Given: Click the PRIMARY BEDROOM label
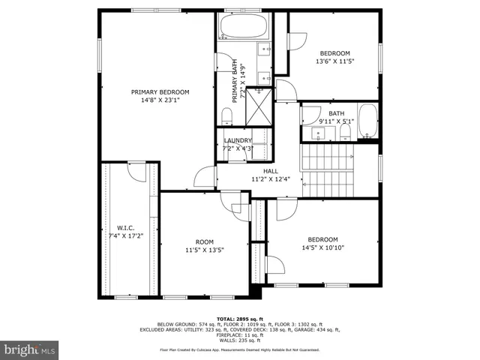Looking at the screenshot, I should coord(160,92).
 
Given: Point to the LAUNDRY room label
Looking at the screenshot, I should coord(237,140).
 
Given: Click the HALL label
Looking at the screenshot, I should coord(270,172).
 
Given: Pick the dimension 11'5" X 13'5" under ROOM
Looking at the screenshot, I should coord(205,250).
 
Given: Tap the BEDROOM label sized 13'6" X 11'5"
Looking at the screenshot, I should coord(334,52).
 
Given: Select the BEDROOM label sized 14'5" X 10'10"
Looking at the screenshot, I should coord(323,239).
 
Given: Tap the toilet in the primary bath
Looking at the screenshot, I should coord(226,115).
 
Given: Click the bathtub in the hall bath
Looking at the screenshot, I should coord(367,121).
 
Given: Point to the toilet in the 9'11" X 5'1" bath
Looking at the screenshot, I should coord(345,132).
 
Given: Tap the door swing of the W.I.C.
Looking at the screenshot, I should coord(136,173).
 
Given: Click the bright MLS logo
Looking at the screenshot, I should coord(29,349).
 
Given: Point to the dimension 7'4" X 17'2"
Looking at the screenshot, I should coord(124,236).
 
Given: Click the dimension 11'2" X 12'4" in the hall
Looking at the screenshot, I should coord(270,180).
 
